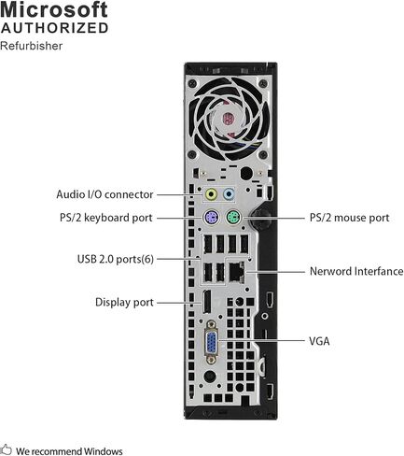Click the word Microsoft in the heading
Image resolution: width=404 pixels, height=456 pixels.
(54, 9)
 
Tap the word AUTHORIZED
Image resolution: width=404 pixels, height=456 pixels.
(54, 28)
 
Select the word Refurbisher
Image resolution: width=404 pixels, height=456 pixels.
(31, 46)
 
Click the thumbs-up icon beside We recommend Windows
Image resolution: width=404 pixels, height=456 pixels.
(6, 449)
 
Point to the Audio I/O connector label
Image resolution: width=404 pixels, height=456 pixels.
(104, 194)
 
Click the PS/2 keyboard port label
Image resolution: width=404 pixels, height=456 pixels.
(106, 218)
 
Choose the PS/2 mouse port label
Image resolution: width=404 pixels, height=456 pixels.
(349, 218)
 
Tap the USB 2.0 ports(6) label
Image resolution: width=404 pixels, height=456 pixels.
(116, 259)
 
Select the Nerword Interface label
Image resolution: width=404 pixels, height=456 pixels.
(356, 271)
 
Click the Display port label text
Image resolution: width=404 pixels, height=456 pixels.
(124, 302)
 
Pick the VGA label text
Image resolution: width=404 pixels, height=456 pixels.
(319, 341)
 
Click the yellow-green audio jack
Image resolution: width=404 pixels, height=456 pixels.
(212, 194)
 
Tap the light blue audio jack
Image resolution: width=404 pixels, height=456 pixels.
(229, 194)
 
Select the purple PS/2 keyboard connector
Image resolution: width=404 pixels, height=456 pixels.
(212, 217)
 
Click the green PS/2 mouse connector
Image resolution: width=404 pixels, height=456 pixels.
(233, 217)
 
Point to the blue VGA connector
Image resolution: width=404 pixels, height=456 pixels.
(212, 342)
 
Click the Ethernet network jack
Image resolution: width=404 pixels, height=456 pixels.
(237, 272)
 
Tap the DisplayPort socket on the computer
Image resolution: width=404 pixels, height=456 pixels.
(206, 302)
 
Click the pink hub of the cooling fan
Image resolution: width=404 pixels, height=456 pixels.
(229, 120)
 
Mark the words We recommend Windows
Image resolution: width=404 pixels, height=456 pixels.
(69, 451)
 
